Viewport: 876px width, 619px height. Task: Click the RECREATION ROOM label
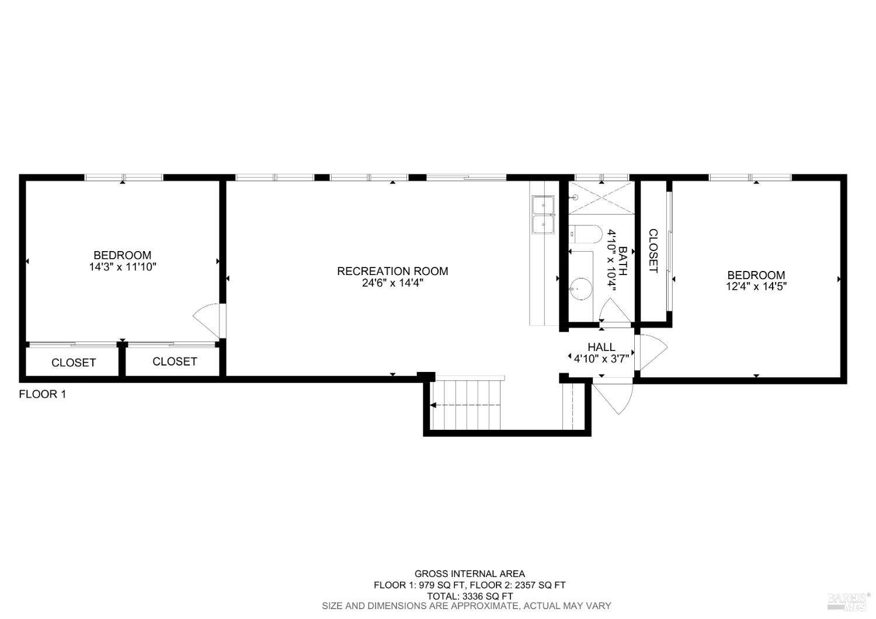pyautogui.click(x=392, y=271)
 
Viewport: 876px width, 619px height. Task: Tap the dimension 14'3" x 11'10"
pyautogui.click(x=123, y=267)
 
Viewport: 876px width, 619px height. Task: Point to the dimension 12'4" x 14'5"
pyautogui.click(x=756, y=287)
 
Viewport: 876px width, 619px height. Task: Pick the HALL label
pyautogui.click(x=601, y=347)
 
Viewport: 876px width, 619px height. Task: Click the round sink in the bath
pyautogui.click(x=580, y=288)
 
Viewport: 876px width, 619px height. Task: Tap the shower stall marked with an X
pyautogui.click(x=602, y=197)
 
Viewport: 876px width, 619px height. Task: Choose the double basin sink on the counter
pyautogui.click(x=543, y=214)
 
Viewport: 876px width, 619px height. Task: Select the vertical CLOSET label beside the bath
pyautogui.click(x=653, y=251)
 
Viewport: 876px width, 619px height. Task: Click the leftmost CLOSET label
pyautogui.click(x=74, y=363)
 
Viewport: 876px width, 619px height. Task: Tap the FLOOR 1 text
pyautogui.click(x=43, y=394)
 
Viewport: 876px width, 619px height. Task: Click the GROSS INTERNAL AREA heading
pyautogui.click(x=470, y=574)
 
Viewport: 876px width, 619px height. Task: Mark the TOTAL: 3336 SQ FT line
pyautogui.click(x=470, y=596)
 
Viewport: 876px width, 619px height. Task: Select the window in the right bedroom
pyautogui.click(x=750, y=177)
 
